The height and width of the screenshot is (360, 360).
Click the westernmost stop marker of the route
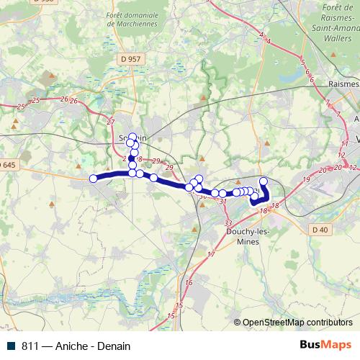[93, 179]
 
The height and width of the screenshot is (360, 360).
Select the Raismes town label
[343, 83]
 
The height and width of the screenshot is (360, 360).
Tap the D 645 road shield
[7, 165]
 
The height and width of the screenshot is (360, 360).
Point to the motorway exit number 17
[211, 255]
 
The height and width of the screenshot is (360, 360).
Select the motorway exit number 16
[189, 283]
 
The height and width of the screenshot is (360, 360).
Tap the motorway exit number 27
[109, 122]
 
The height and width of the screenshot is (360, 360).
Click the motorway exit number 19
[306, 179]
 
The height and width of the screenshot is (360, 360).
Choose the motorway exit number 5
[302, 62]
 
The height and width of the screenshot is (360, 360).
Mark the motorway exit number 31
[223, 202]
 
